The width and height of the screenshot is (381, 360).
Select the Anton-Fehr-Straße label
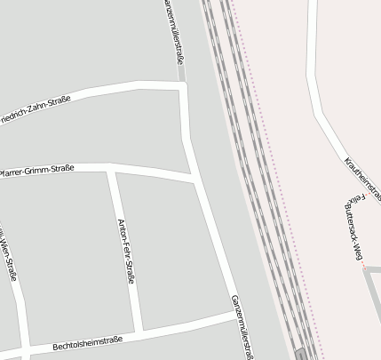[126, 251]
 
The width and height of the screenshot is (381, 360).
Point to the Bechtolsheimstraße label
[86, 341]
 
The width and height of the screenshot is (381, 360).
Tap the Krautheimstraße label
[362, 177]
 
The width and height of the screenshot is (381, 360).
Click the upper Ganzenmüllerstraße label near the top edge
[174, 31]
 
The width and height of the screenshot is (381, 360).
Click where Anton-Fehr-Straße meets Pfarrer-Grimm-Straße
[111, 168]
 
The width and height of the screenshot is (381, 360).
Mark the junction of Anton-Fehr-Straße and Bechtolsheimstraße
[139, 330]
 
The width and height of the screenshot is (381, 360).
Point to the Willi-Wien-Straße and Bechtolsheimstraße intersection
[24, 346]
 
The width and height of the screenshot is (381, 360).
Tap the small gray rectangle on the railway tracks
[303, 354]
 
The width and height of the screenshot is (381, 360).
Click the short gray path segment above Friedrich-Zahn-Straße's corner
[180, 74]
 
